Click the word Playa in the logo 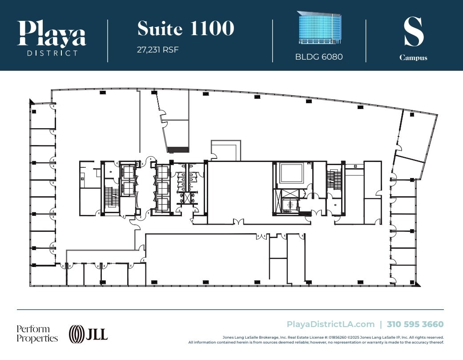pyautogui.click(x=52, y=33)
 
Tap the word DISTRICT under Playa pyautogui.click(x=52, y=53)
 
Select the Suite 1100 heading pyautogui.click(x=185, y=28)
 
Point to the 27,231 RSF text pyautogui.click(x=157, y=50)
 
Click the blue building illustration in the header pyautogui.click(x=319, y=28)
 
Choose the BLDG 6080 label pyautogui.click(x=319, y=57)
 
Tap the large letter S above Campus pyautogui.click(x=413, y=32)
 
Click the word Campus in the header pyautogui.click(x=413, y=58)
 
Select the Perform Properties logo pyautogui.click(x=37, y=334)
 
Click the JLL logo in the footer pyautogui.click(x=88, y=334)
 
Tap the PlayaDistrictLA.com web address pyautogui.click(x=330, y=324)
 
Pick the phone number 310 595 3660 pyautogui.click(x=415, y=324)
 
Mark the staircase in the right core pyautogui.click(x=334, y=180)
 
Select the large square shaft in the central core pyautogui.click(x=291, y=173)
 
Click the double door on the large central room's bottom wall pyautogui.click(x=238, y=222)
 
